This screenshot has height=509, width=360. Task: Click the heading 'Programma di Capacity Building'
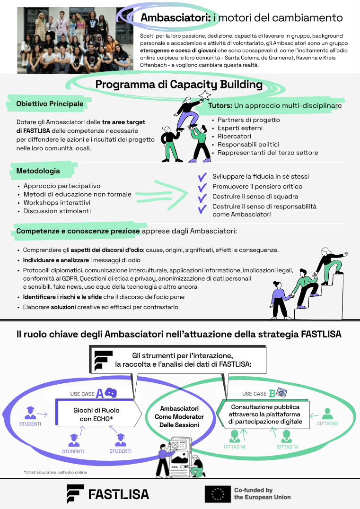[x=179, y=85]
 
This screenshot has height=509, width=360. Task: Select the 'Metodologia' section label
[x=38, y=171]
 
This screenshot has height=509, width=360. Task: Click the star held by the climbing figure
[x=205, y=96]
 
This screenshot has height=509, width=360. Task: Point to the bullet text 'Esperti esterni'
[x=240, y=128]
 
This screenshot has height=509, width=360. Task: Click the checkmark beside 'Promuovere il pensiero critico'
[x=202, y=187]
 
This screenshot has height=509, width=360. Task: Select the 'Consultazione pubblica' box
[x=264, y=414]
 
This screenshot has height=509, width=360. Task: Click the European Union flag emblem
[x=218, y=494]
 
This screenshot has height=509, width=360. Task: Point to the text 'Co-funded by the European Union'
[x=262, y=494]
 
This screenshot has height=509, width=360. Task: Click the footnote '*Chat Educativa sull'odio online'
[x=55, y=472]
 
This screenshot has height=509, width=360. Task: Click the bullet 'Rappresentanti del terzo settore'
[x=268, y=153]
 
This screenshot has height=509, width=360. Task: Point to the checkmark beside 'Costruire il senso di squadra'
[x=202, y=197]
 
